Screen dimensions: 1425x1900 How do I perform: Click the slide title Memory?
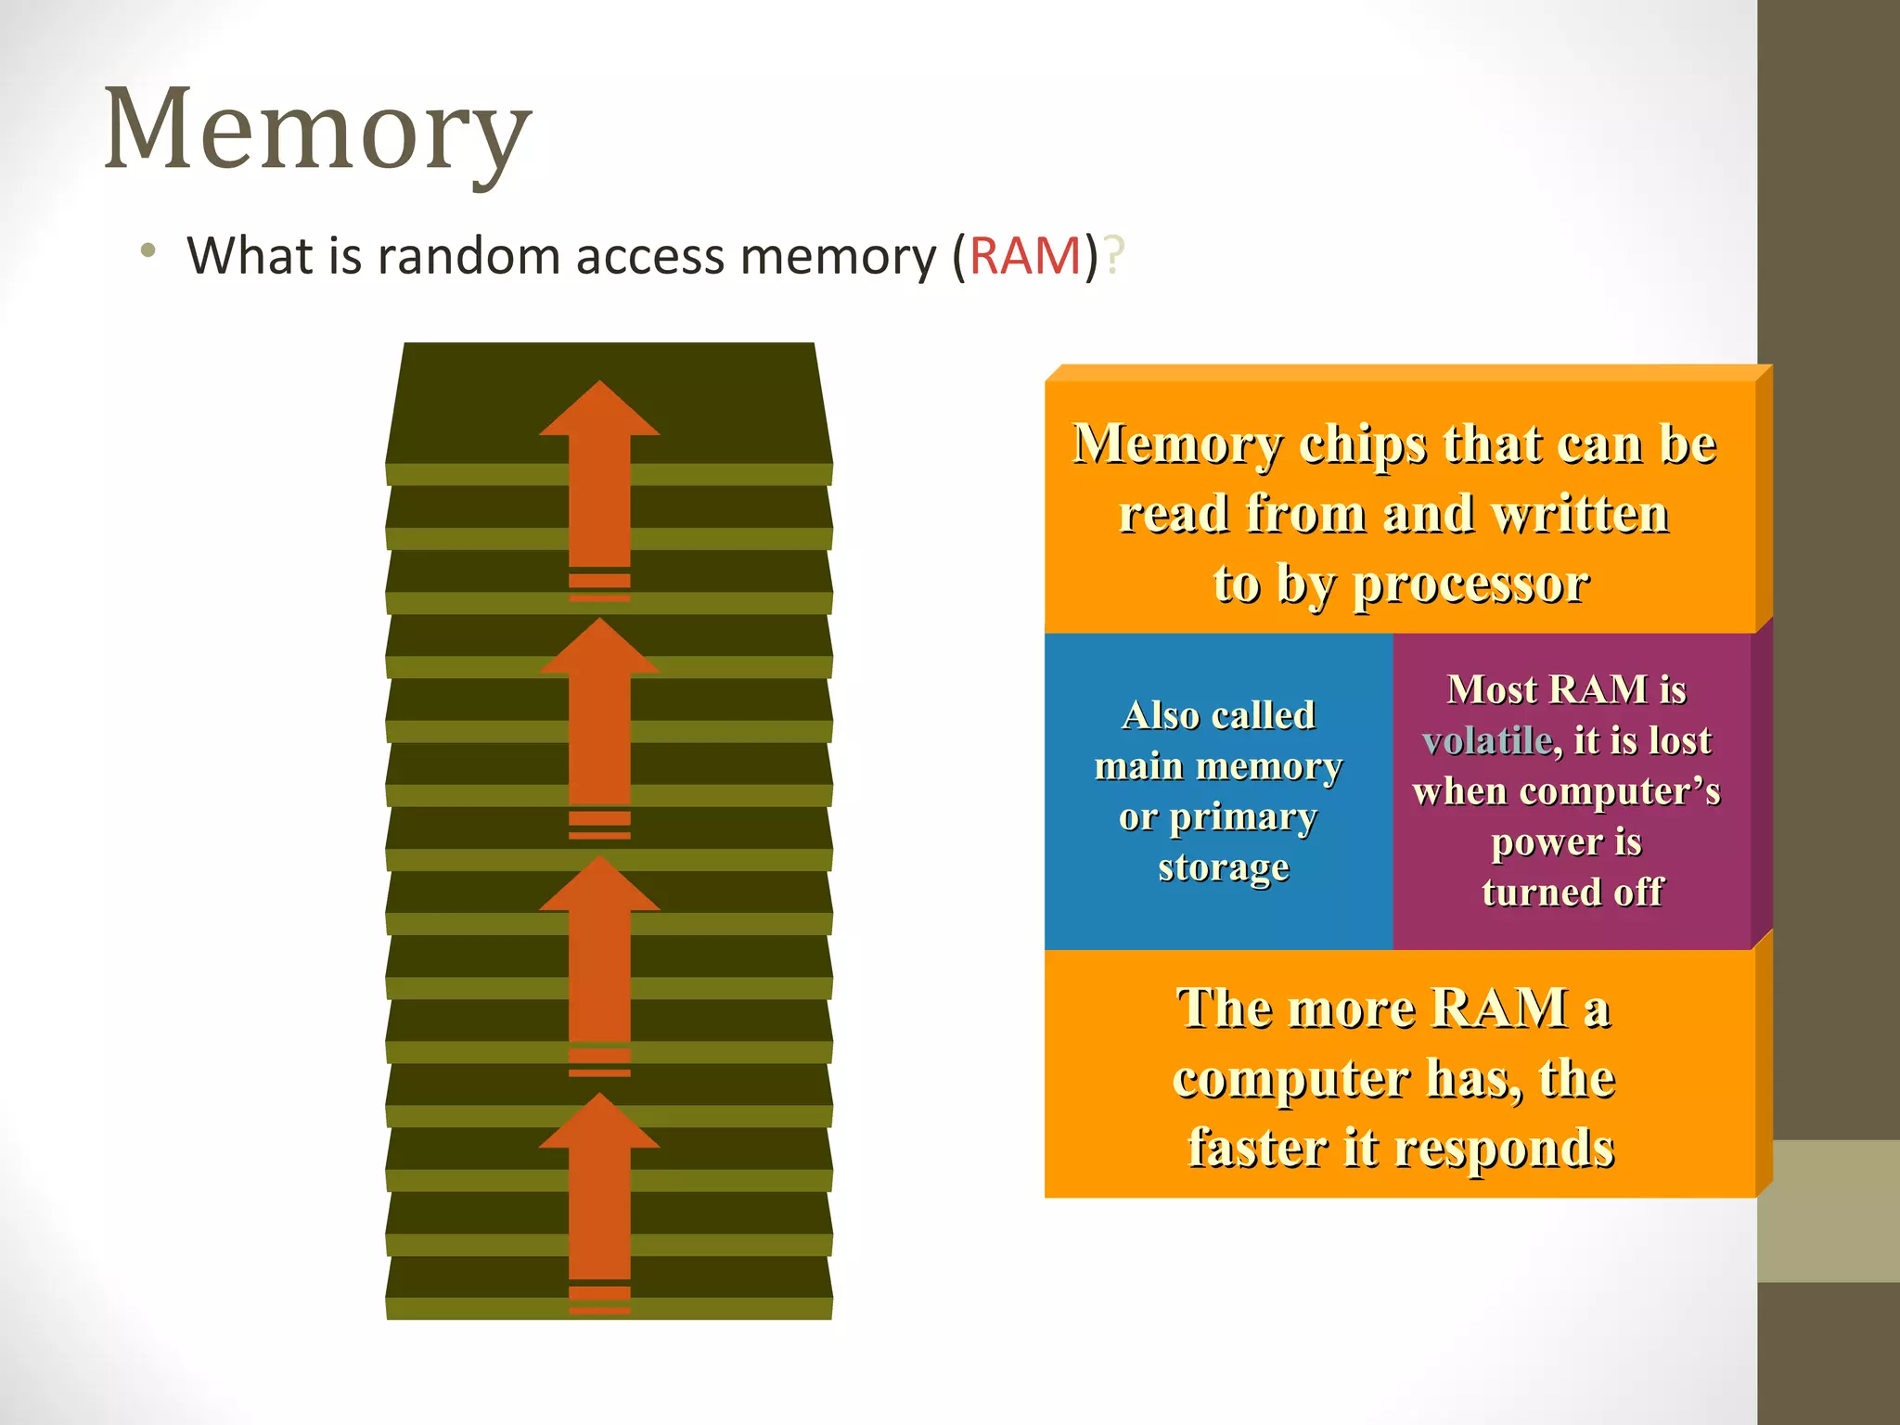click(x=317, y=130)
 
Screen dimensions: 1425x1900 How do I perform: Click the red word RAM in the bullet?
click(x=1025, y=256)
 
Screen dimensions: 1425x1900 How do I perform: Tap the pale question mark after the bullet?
click(x=1114, y=256)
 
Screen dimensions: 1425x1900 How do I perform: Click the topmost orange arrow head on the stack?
click(x=599, y=410)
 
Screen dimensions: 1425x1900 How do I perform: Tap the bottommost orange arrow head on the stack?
click(x=599, y=1123)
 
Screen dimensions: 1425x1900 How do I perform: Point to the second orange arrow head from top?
click(x=599, y=648)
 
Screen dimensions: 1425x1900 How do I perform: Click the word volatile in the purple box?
click(x=1487, y=741)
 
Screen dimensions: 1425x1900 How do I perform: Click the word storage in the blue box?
click(x=1223, y=867)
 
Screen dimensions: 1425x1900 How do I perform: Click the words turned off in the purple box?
click(x=1572, y=892)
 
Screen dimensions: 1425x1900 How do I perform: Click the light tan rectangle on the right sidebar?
click(x=1828, y=1211)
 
